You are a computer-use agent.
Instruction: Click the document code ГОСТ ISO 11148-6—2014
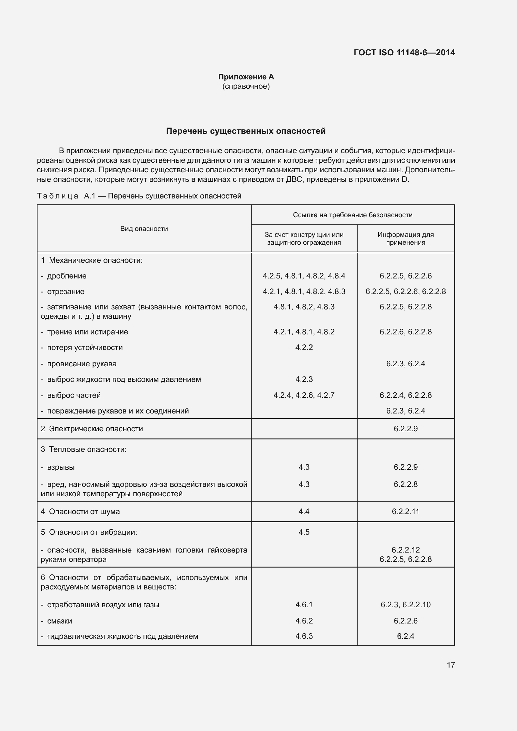tap(404, 53)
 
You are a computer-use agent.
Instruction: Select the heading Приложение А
tap(246, 77)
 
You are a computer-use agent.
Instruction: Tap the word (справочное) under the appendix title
tap(246, 86)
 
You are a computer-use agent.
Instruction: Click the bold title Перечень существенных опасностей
tap(246, 131)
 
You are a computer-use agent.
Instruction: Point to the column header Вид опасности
tap(144, 228)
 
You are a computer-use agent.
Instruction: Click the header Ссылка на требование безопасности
tap(352, 215)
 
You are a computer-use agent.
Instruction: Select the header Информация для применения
tap(405, 238)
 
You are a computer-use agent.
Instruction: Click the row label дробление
tap(67, 276)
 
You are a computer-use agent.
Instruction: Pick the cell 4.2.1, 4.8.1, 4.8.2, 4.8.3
tap(304, 291)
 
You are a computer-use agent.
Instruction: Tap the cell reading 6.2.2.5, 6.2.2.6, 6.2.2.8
tap(405, 291)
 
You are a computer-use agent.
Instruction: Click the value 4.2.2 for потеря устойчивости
tap(304, 347)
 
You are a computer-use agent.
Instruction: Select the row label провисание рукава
tap(82, 363)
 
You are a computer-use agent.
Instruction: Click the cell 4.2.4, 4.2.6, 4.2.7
tap(304, 395)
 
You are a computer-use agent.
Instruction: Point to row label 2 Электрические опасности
tap(92, 428)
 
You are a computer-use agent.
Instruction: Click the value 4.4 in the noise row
tap(304, 511)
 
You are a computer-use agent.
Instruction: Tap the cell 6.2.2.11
tap(405, 511)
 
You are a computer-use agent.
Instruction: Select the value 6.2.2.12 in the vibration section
tap(405, 550)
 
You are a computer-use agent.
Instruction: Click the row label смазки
tap(59, 621)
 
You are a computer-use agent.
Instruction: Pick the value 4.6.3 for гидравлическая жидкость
tap(304, 636)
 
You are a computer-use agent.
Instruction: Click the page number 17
tap(450, 665)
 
